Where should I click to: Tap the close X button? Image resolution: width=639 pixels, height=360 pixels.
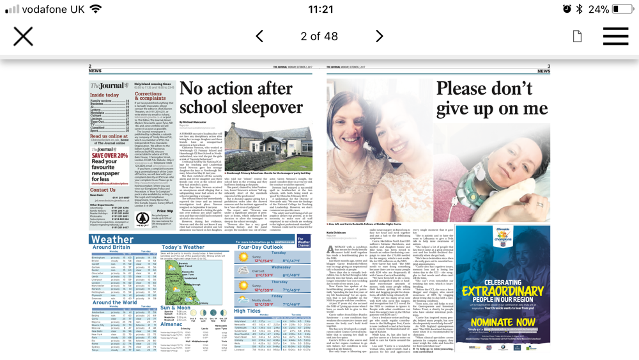point(23,36)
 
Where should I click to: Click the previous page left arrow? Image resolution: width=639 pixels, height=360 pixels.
point(259,36)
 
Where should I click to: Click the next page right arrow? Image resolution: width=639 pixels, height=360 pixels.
point(379,36)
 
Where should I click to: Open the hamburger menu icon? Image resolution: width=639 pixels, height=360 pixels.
point(615,36)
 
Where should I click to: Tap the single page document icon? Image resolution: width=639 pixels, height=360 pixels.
point(577,36)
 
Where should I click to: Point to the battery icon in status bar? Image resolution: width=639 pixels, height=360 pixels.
point(623,9)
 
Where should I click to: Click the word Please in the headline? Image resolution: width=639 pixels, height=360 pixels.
point(472,89)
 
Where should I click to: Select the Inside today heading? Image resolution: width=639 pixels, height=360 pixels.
point(104,95)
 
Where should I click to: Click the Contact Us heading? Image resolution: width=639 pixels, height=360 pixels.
point(103,190)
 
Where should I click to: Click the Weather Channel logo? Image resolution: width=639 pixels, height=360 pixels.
point(304,241)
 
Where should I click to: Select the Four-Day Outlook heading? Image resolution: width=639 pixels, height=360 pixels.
point(261,247)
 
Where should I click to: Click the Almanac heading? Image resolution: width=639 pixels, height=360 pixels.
point(171,325)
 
